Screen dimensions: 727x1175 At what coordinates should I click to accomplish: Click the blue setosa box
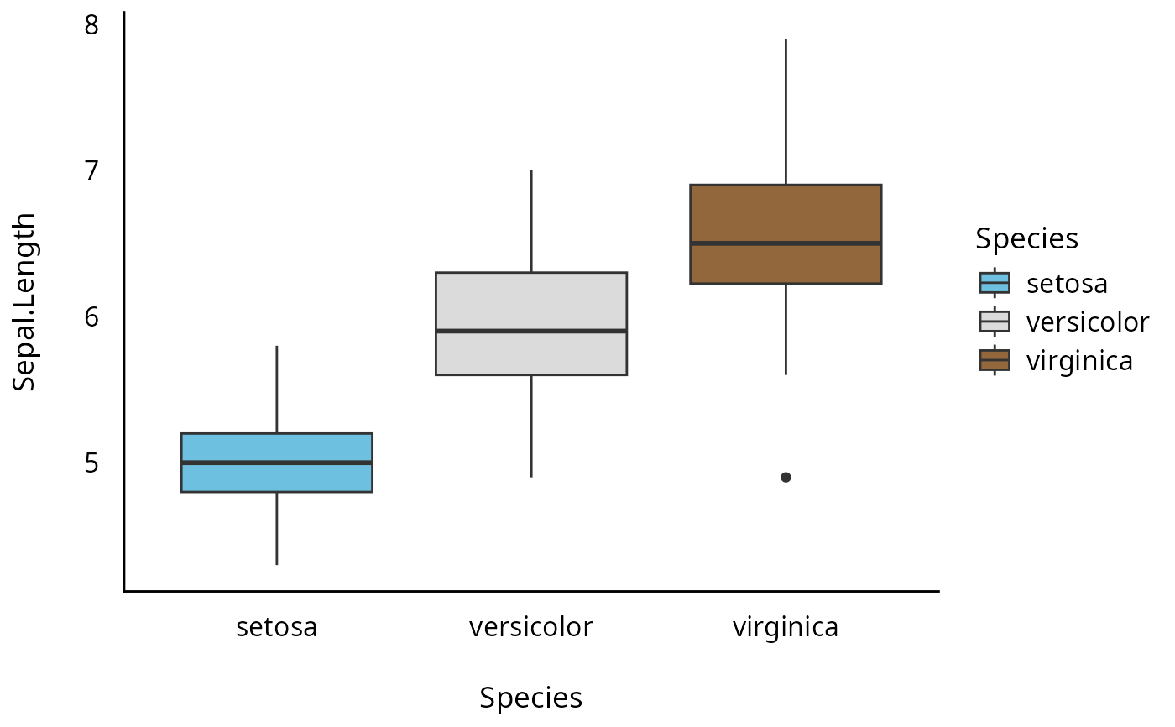pyautogui.click(x=277, y=477)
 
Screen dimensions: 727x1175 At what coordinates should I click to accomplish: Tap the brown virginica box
pyautogui.click(x=786, y=213)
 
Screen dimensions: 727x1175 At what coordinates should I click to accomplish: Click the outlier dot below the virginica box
pyautogui.click(x=786, y=477)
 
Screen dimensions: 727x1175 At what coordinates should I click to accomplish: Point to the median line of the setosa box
pyautogui.click(x=277, y=463)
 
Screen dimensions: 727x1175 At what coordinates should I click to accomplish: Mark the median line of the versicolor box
pyautogui.click(x=531, y=331)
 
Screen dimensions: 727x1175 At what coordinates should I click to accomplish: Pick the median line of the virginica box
pyautogui.click(x=786, y=243)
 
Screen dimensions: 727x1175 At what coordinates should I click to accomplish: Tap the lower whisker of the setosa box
pyautogui.click(x=277, y=528)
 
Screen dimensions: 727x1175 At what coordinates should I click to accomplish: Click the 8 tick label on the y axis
pyautogui.click(x=91, y=25)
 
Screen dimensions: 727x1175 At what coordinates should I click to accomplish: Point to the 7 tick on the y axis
pyautogui.click(x=91, y=171)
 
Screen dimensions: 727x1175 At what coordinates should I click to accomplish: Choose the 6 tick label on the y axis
pyautogui.click(x=91, y=316)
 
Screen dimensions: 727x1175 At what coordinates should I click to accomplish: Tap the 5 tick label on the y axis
pyautogui.click(x=91, y=463)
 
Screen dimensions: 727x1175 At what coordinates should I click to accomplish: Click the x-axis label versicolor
pyautogui.click(x=531, y=627)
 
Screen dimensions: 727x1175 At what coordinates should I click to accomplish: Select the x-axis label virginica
pyautogui.click(x=786, y=627)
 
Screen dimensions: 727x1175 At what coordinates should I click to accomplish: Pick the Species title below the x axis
pyautogui.click(x=531, y=698)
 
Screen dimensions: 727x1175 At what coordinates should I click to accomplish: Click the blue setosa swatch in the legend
pyautogui.click(x=995, y=282)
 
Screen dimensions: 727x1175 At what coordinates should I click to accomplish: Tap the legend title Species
pyautogui.click(x=1026, y=238)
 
